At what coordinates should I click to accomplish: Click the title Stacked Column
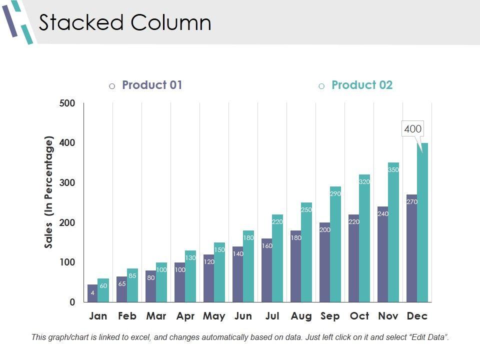(x=125, y=23)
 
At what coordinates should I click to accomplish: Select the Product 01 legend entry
(x=152, y=85)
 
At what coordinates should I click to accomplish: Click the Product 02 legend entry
(x=362, y=85)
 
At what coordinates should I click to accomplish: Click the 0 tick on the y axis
(x=72, y=302)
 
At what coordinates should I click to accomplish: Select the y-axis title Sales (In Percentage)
(x=48, y=192)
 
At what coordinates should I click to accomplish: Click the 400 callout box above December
(x=412, y=129)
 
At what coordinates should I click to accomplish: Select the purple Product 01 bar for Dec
(x=411, y=250)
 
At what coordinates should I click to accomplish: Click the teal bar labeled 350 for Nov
(x=393, y=235)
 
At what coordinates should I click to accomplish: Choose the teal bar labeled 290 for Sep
(x=335, y=245)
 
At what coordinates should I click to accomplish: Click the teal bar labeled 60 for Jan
(x=103, y=291)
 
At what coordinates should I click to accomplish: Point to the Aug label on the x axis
(x=301, y=316)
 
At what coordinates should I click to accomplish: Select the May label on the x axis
(x=214, y=316)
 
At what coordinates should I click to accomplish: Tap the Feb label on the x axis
(x=127, y=316)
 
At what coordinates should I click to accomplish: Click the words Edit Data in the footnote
(x=427, y=337)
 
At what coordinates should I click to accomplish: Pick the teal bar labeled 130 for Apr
(x=190, y=277)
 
